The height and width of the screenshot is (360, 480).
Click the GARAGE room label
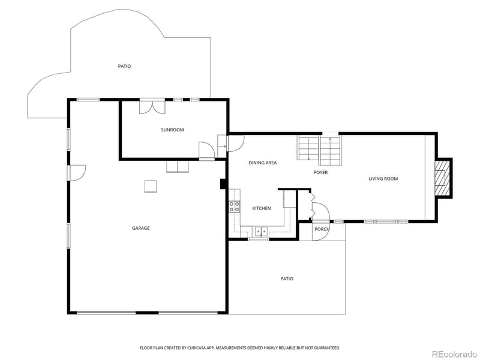coord(141,228)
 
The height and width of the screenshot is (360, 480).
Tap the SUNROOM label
coord(172,130)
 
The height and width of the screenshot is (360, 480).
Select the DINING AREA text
coord(262,163)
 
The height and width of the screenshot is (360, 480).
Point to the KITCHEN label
coord(261,208)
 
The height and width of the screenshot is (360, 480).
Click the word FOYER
coord(321,173)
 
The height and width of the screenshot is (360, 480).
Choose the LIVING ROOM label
coord(383,179)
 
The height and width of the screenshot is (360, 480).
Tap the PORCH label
coord(322,229)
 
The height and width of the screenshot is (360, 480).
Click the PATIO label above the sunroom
coord(124,66)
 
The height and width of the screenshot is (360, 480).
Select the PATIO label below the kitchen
coord(287,278)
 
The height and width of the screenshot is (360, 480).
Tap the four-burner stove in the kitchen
coord(234,208)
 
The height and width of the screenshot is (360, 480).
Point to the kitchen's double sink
coord(261,230)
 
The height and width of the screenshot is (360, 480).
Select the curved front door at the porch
coord(321,213)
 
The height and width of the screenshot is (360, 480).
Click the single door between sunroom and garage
coord(206,150)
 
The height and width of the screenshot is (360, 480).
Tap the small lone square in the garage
coord(151,187)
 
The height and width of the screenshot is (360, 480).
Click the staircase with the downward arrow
coord(308,148)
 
